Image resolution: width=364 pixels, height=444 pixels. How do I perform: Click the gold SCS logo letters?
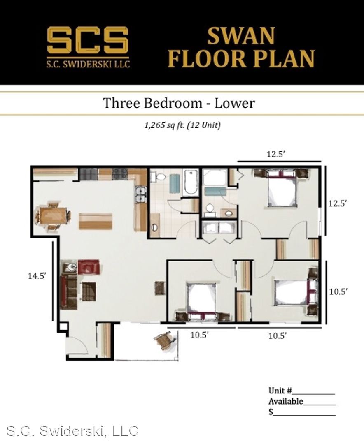click(x=88, y=40)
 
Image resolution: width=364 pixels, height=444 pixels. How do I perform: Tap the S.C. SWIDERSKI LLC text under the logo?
click(x=88, y=63)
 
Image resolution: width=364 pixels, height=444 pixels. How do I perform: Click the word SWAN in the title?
click(x=241, y=36)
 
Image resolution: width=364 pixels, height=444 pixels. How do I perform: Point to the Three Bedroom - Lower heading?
click(x=179, y=103)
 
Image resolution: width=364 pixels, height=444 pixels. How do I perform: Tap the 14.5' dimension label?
click(x=37, y=275)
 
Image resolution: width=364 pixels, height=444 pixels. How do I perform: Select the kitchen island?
click(x=96, y=221)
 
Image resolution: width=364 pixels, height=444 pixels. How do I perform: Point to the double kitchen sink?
click(x=140, y=195)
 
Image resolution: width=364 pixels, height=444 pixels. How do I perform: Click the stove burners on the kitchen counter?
click(x=120, y=174)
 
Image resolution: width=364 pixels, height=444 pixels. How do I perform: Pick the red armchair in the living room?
click(x=89, y=267)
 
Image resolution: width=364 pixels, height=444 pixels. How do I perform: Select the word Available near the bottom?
click(x=286, y=401)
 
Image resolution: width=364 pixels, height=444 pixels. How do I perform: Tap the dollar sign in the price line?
click(x=271, y=412)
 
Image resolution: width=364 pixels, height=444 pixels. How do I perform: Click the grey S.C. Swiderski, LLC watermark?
click(x=72, y=431)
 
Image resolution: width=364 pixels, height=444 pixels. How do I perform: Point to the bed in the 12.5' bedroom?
click(x=282, y=187)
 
